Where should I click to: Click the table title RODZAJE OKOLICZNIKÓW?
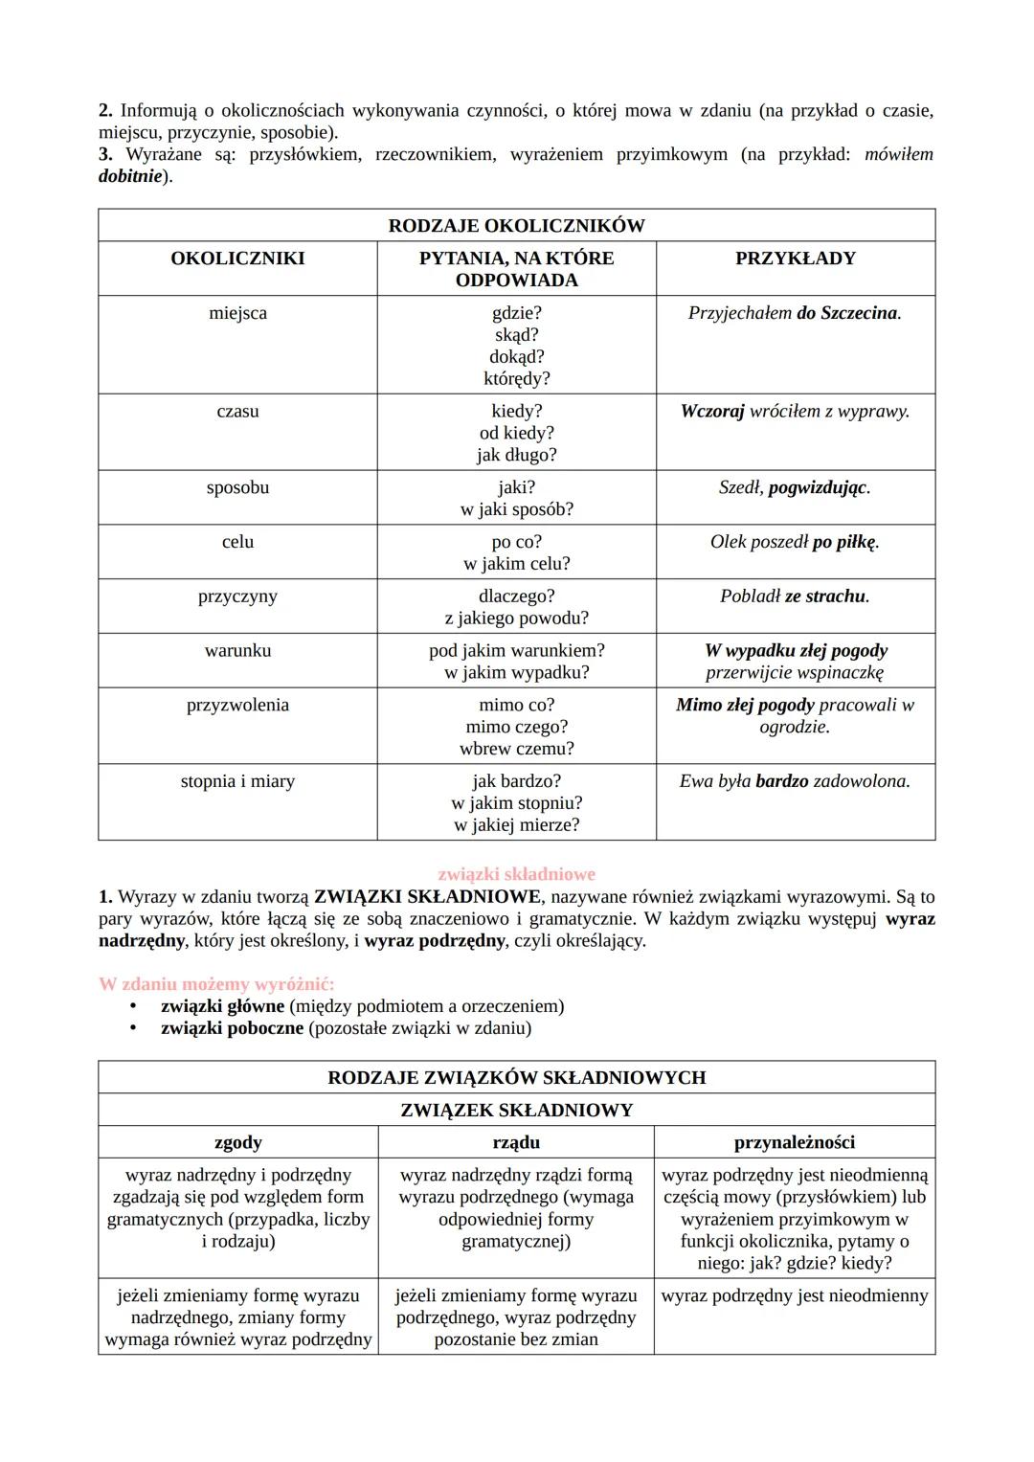pos(516,226)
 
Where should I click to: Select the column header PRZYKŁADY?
pos(795,259)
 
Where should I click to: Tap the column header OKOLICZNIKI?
pos(237,259)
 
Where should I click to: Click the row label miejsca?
pos(237,313)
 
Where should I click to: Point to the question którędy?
pos(516,378)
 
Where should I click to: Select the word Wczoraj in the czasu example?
pos(711,412)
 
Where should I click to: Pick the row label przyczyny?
pos(237,596)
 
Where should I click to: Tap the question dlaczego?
pos(516,596)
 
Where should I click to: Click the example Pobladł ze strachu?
pos(795,596)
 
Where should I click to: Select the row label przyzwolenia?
pos(237,706)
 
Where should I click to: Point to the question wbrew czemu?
pos(516,749)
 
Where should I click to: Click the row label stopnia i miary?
pos(237,781)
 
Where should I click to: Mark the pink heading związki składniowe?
pos(516,874)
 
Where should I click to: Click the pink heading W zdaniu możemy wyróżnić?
pos(216,984)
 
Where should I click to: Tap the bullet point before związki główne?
pos(135,1006)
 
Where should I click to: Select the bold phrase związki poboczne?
pos(232,1028)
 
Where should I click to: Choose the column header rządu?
pos(516,1142)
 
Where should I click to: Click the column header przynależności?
pos(795,1142)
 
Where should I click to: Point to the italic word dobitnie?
pos(129,177)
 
